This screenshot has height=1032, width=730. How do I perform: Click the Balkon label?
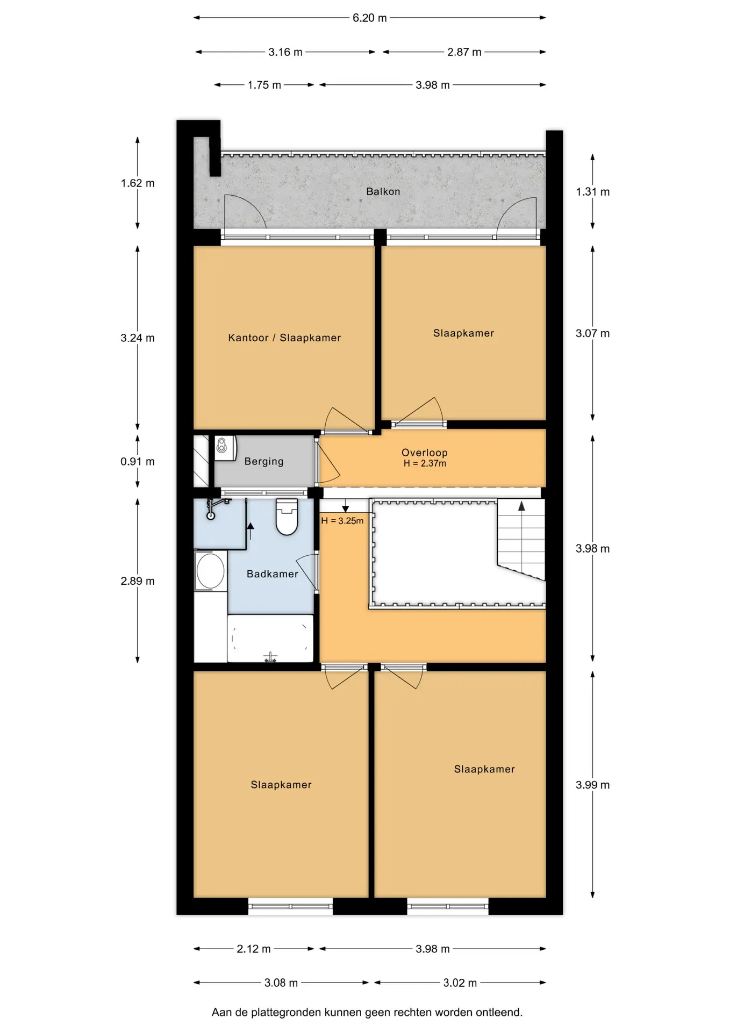tap(383, 191)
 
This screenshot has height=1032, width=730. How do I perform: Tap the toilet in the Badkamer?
tap(287, 517)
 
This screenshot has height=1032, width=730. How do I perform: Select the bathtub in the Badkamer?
tap(270, 639)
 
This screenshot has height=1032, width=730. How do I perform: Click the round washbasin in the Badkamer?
tap(210, 571)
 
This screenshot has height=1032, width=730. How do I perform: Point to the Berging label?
tap(263, 461)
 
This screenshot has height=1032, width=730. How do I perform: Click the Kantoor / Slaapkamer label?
tap(284, 338)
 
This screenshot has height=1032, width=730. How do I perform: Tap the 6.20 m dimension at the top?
tap(369, 18)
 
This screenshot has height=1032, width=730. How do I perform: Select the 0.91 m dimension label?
tap(137, 461)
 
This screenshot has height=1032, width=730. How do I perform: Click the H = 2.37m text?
tap(425, 463)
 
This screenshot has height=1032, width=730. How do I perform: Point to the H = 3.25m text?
tap(342, 521)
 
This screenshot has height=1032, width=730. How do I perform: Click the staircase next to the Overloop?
tap(520, 539)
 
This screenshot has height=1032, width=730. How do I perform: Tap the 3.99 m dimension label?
tap(592, 785)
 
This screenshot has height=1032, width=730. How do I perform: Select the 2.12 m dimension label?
tap(253, 949)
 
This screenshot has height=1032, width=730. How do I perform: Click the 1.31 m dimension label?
tap(592, 192)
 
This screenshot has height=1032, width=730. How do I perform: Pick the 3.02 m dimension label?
tap(460, 983)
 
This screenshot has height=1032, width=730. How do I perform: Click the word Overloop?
tap(425, 453)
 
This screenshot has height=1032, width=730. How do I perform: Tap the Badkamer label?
tap(272, 574)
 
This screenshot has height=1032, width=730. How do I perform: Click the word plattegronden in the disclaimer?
tap(286, 1013)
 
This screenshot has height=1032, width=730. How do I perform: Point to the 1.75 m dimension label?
tap(264, 85)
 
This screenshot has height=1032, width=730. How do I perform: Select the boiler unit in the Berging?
tap(225, 448)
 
